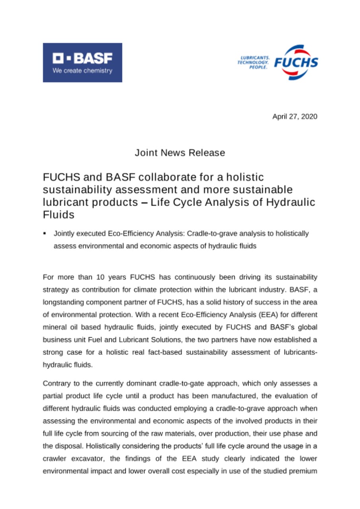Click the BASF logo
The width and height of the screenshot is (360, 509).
(82, 62)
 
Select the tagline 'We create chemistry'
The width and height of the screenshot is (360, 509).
(83, 71)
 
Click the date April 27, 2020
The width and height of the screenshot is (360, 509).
(295, 117)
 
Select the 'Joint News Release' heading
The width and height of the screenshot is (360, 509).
(180, 152)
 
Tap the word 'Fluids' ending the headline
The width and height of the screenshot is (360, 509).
(56, 215)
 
